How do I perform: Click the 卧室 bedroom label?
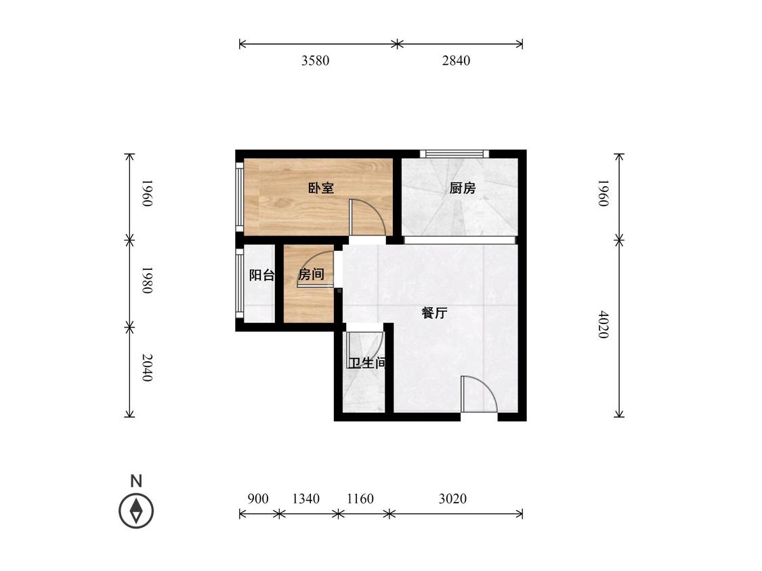[321, 188]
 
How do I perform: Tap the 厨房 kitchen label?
[462, 188]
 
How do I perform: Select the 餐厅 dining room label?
[434, 313]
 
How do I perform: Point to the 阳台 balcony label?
[261, 275]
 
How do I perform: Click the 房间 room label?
[311, 274]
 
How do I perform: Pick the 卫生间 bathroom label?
[368, 363]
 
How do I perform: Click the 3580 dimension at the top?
[316, 61]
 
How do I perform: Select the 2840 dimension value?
[456, 61]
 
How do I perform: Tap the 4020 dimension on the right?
[603, 324]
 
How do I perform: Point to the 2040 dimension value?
[147, 367]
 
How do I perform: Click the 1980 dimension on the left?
[147, 280]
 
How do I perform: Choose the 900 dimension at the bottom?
[258, 499]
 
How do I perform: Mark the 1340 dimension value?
[305, 499]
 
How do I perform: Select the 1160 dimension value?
[360, 499]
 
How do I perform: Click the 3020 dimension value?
[452, 499]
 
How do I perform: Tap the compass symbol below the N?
[136, 511]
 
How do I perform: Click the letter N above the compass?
[136, 481]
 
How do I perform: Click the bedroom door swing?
[367, 218]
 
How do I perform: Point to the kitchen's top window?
[455, 154]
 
